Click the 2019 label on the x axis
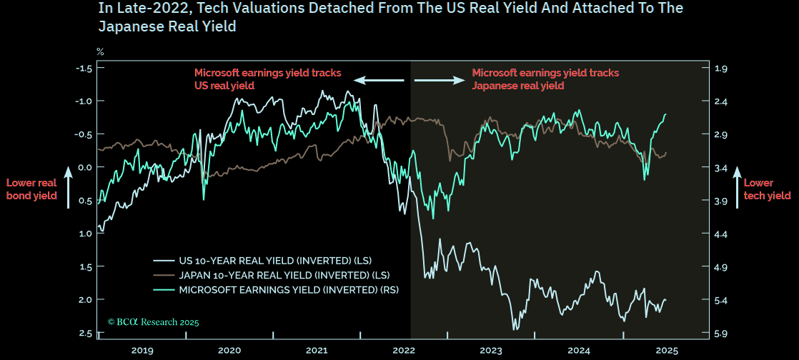pyautogui.click(x=142, y=351)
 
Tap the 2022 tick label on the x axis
pyautogui.click(x=404, y=351)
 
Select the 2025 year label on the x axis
pyautogui.click(x=666, y=351)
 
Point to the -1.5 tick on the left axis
pyautogui.click(x=84, y=68)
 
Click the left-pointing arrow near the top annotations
pyautogui.click(x=374, y=80)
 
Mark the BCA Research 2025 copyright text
pyautogui.click(x=153, y=322)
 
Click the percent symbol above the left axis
pyautogui.click(x=100, y=52)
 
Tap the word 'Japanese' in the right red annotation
pyautogui.click(x=495, y=86)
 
